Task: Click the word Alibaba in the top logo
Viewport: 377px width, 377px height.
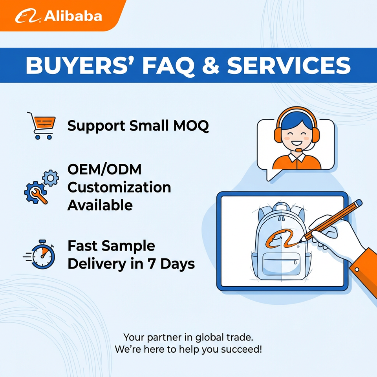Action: click(x=73, y=16)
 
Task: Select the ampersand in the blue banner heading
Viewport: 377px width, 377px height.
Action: click(x=210, y=65)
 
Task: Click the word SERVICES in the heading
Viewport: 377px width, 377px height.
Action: click(x=289, y=65)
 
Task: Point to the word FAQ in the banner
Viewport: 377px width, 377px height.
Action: click(x=168, y=66)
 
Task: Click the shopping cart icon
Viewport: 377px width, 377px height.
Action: click(x=41, y=126)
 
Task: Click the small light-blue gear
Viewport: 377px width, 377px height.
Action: click(x=51, y=178)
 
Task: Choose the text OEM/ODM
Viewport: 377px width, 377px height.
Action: click(x=104, y=169)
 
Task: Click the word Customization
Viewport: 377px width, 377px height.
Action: click(x=119, y=187)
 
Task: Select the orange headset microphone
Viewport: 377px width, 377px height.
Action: click(x=298, y=150)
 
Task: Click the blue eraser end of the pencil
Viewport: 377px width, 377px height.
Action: click(x=358, y=203)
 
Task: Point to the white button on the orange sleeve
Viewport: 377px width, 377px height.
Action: click(x=357, y=269)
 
